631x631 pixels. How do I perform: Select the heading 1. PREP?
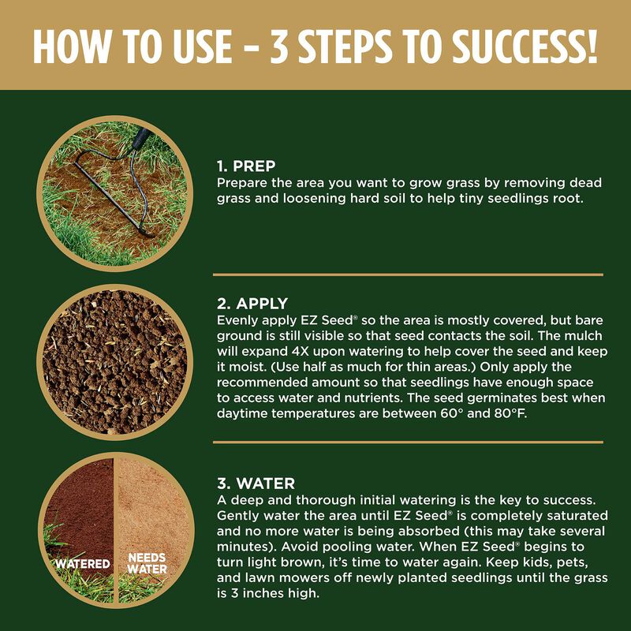tap(246, 167)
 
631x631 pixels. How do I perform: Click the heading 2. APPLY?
tap(252, 303)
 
